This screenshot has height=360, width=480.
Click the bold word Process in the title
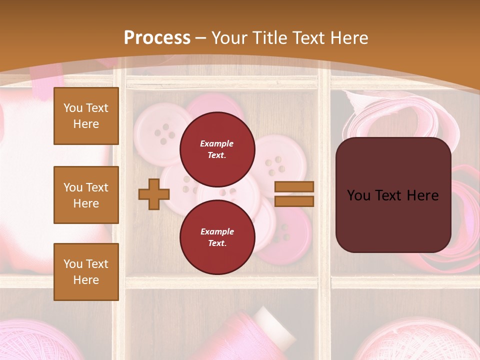point(157,37)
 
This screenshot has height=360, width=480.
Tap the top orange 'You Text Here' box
point(86,116)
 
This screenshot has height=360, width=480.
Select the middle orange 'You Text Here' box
point(86,195)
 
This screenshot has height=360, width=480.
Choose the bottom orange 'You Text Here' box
point(86,271)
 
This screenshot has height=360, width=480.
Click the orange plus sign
point(154,194)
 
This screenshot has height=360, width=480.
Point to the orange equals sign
point(294,194)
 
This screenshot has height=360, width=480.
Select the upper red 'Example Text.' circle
point(217,149)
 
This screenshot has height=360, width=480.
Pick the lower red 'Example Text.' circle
point(217,237)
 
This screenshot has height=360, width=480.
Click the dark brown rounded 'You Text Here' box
point(393,195)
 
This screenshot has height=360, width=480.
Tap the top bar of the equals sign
point(294,186)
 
